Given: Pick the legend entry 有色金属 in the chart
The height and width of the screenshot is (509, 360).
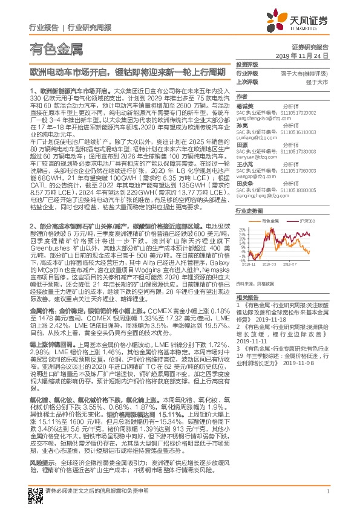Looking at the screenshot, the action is click(x=271, y=222).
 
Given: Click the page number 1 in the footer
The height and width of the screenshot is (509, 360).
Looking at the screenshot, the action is click(x=327, y=491).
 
